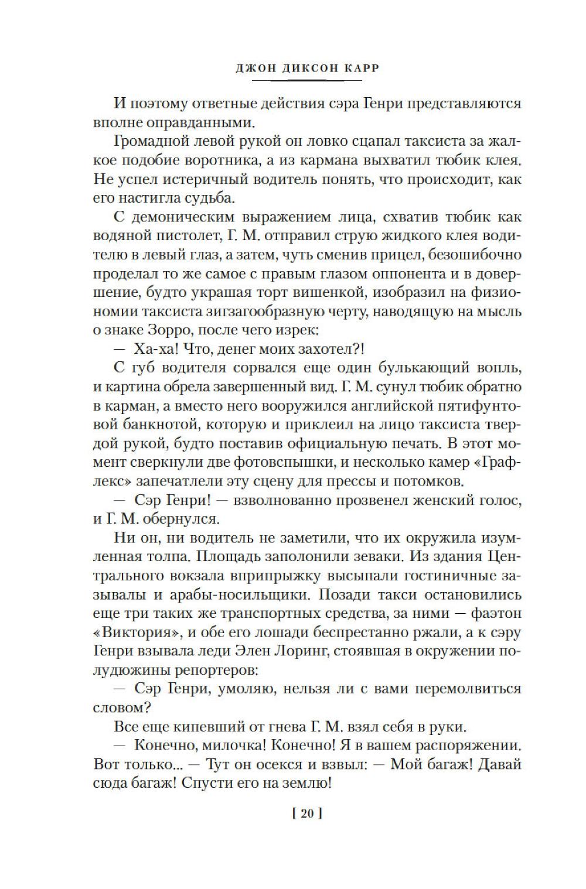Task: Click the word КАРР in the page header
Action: (x=359, y=69)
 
